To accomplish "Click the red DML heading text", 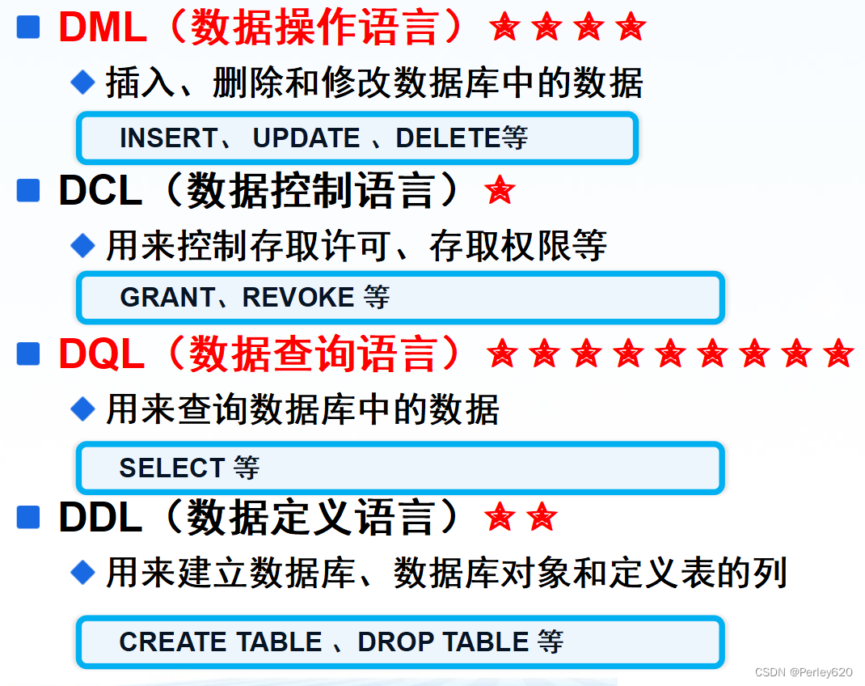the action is (x=103, y=28).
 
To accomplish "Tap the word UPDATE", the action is (x=306, y=138).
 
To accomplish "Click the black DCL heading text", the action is (x=100, y=192).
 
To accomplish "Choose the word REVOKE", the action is (x=298, y=298).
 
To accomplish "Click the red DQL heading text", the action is (x=102, y=354).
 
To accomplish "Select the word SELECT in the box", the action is (x=171, y=468).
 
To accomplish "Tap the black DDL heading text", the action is (x=100, y=518).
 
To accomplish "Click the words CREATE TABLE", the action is (x=221, y=642).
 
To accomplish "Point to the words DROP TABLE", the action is (x=443, y=642).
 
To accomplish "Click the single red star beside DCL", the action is (x=499, y=191).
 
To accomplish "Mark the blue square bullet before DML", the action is (x=28, y=28).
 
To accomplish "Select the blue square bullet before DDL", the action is (x=28, y=517).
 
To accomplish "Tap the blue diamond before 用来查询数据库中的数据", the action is (x=82, y=409).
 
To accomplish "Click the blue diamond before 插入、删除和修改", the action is (x=82, y=81).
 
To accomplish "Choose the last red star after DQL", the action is (x=838, y=354).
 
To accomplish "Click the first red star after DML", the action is (x=504, y=28).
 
